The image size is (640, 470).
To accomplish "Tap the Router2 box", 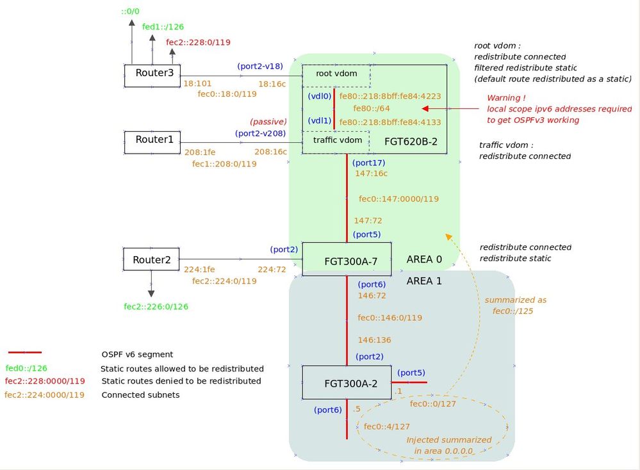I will tap(151, 259).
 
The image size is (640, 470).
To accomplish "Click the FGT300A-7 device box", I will tap(347, 259).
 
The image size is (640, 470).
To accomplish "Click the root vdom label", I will tap(337, 74).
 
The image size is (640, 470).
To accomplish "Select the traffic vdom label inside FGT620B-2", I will tap(337, 140).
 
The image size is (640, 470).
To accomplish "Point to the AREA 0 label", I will tap(424, 260).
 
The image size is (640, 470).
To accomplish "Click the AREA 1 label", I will tap(424, 280).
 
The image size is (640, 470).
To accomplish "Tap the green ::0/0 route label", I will tap(131, 12).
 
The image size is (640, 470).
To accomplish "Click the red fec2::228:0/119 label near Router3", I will tap(198, 43).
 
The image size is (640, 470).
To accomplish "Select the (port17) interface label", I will tap(369, 163).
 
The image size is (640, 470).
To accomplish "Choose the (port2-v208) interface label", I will tap(261, 133).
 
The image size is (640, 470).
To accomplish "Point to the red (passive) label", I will tap(268, 122).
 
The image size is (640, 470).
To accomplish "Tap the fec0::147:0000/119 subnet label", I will tap(398, 199).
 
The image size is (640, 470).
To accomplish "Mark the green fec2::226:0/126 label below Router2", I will tap(156, 307).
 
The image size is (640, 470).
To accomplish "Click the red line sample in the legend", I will tap(25, 352).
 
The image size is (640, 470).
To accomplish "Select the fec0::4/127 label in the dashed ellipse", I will tap(386, 426).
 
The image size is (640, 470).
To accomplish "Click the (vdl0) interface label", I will tap(319, 96).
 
